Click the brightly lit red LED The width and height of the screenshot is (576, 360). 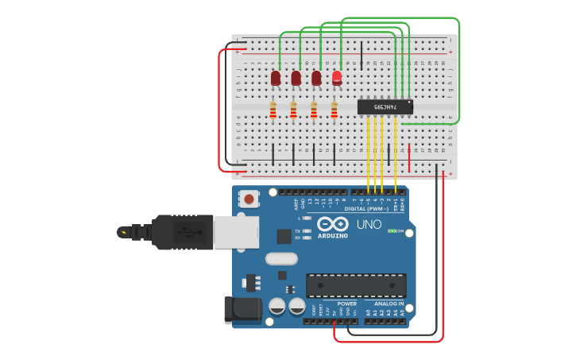click(x=337, y=77)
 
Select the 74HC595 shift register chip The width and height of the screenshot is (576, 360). click(x=385, y=106)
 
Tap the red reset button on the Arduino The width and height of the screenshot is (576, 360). click(x=249, y=199)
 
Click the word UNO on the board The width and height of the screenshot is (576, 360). click(x=369, y=225)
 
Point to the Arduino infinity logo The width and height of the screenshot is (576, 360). click(x=333, y=224)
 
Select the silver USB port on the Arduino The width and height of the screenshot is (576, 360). click(x=236, y=231)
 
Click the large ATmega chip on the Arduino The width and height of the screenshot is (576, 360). click(x=356, y=285)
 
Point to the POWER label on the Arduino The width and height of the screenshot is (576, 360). click(x=346, y=304)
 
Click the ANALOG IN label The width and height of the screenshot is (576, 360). click(x=389, y=304)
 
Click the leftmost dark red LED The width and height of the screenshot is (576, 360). click(x=276, y=78)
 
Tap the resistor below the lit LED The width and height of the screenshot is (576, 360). click(x=334, y=110)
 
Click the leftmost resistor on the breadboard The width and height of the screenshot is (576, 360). click(x=273, y=110)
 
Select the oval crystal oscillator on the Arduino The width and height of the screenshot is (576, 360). click(x=281, y=257)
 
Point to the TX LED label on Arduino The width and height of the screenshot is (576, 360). click(x=298, y=230)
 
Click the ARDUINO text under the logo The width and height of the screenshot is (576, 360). click(x=333, y=236)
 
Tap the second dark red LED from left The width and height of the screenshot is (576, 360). click(x=296, y=78)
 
